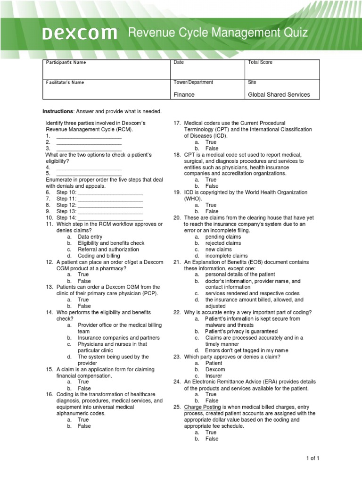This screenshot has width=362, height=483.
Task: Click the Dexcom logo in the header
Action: pyautogui.click(x=80, y=33)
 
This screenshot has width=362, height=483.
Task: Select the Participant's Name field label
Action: pyautogui.click(x=66, y=62)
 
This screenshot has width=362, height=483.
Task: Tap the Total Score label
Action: pyautogui.click(x=260, y=62)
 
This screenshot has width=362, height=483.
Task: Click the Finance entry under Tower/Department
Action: pyautogui.click(x=184, y=94)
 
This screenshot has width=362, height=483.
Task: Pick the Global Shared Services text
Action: pyautogui.click(x=279, y=94)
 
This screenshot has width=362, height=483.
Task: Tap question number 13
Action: pyautogui.click(x=49, y=287)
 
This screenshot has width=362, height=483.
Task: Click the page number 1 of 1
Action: pyautogui.click(x=312, y=458)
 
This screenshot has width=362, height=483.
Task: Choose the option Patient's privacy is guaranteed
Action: pyautogui.click(x=241, y=331)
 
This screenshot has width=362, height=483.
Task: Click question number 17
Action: pyautogui.click(x=177, y=123)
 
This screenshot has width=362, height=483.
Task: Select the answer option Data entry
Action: pyautogui.click(x=90, y=237)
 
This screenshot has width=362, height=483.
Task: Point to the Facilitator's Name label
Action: pyautogui.click(x=65, y=83)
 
